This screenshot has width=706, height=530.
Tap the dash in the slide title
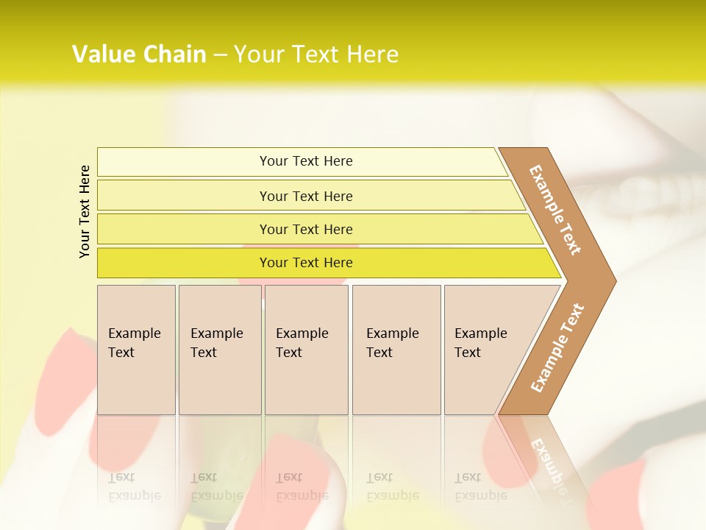[220, 55]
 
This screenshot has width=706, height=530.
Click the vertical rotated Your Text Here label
[85, 211]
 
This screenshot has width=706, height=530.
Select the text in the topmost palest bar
[306, 161]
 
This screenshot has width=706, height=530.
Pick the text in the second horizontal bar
[306, 197]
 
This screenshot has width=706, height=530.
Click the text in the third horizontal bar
[306, 230]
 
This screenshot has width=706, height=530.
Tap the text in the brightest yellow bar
[306, 263]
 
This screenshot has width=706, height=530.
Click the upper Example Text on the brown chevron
[555, 210]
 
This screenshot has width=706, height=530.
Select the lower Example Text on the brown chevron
[557, 347]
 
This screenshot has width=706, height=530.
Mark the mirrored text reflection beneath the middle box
[302, 487]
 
